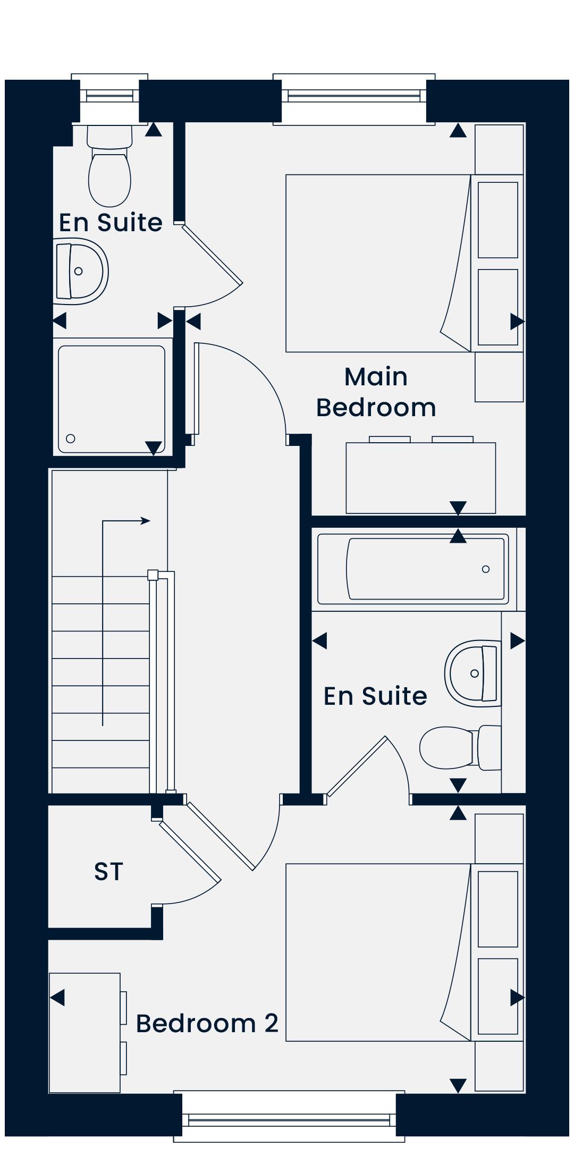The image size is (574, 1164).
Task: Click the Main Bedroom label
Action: [376, 392]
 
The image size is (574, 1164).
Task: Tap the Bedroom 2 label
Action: [207, 1023]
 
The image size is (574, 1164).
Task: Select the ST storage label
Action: [109, 872]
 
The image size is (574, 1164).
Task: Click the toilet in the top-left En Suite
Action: [109, 166]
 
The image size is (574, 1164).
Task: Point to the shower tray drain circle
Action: [70, 438]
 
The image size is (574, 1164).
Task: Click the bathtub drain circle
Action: [485, 569]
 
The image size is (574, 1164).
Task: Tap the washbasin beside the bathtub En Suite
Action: [473, 673]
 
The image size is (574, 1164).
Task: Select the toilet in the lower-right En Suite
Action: [460, 748]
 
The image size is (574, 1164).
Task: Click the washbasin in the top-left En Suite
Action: [82, 271]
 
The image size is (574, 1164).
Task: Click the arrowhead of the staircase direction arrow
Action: [146, 521]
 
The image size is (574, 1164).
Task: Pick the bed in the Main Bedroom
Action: [378, 263]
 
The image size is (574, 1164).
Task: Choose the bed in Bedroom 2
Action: [378, 952]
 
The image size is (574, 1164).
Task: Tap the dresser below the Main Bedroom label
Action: [421, 475]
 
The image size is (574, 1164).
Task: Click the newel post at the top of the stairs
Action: [153, 575]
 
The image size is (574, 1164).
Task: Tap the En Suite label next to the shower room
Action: [111, 222]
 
